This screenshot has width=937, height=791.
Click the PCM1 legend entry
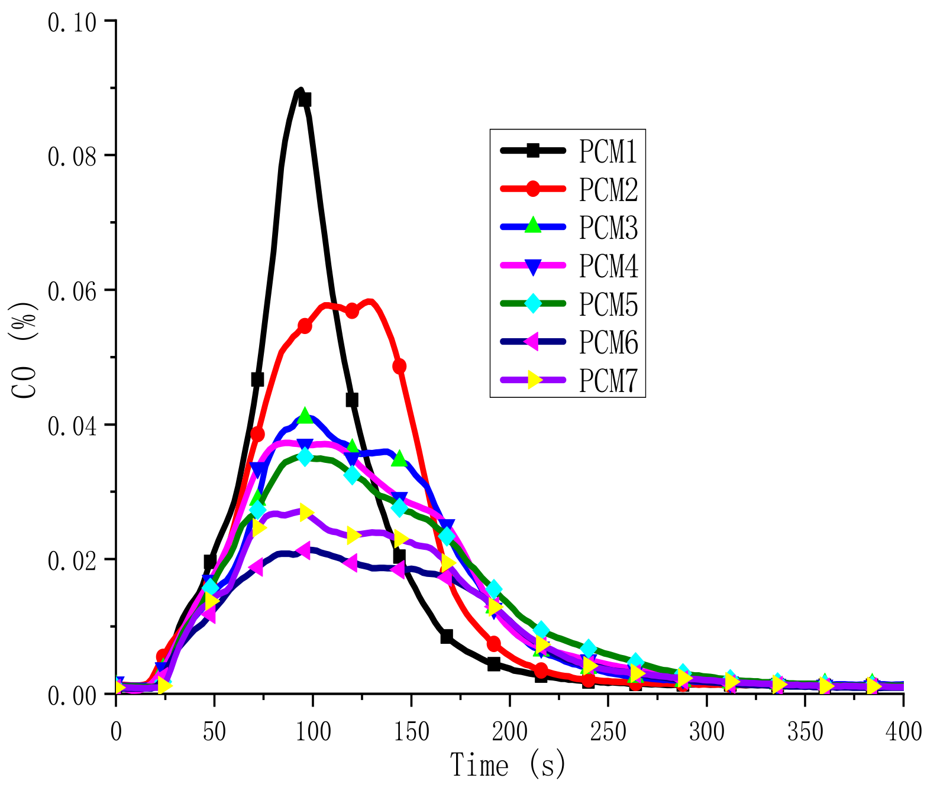click(x=608, y=151)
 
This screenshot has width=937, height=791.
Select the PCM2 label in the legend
click(x=608, y=189)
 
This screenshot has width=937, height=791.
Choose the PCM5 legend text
click(x=608, y=304)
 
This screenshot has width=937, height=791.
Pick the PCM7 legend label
click(x=608, y=380)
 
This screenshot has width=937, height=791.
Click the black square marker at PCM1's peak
click(x=305, y=100)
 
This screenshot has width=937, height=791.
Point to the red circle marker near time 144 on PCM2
click(x=399, y=366)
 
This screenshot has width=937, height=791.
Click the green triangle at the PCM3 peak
click(x=305, y=416)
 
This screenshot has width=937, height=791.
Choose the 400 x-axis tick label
click(x=903, y=732)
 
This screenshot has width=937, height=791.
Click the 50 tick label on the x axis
click(x=214, y=732)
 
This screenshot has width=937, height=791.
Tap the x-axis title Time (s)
click(x=508, y=766)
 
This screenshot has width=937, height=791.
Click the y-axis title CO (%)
click(x=25, y=351)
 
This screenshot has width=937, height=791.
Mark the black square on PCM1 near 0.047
click(x=257, y=379)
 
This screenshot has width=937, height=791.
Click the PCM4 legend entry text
click(x=608, y=265)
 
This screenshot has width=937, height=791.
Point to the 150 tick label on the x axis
click(x=411, y=732)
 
